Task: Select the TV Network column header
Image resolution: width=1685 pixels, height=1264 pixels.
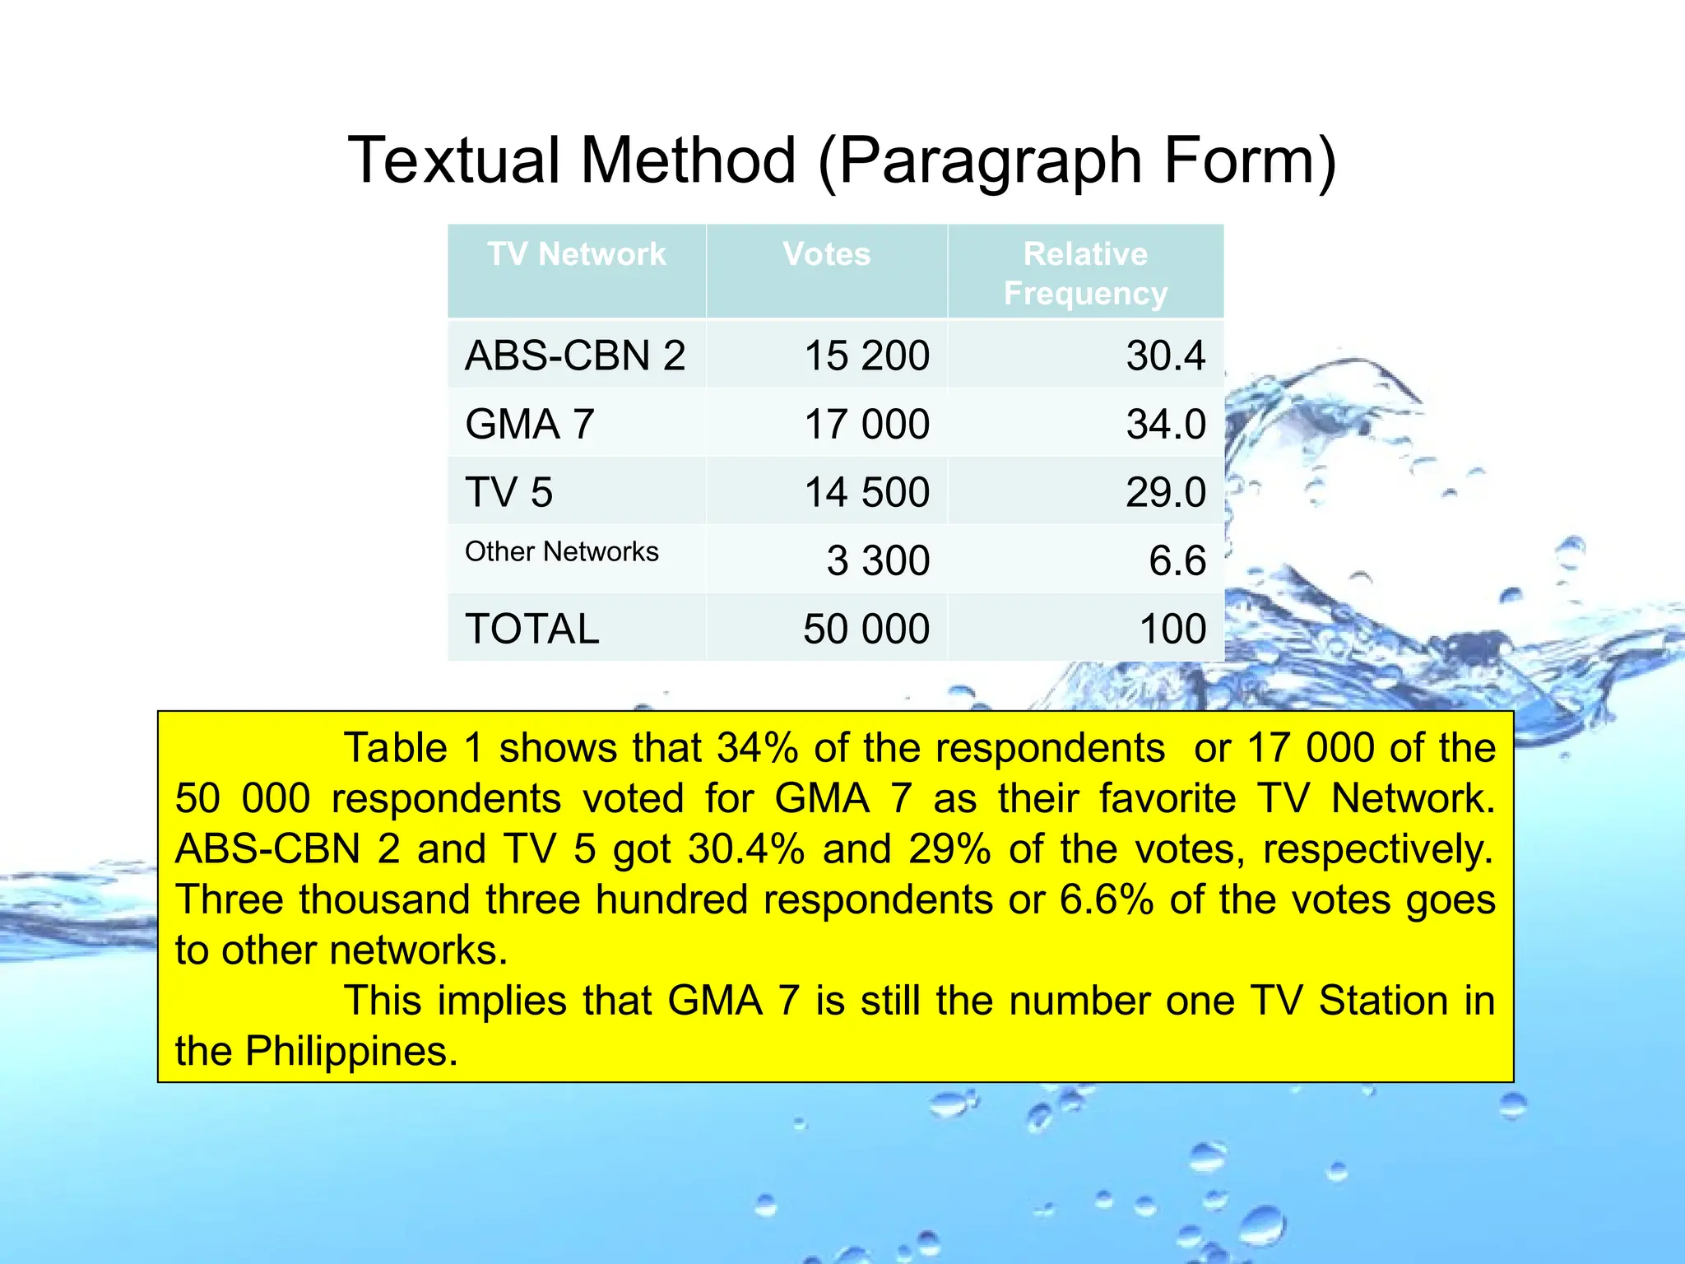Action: click(x=576, y=254)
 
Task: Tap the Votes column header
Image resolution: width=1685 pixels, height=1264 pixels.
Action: click(x=826, y=254)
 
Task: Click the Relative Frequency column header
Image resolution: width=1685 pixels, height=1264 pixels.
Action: click(x=1084, y=273)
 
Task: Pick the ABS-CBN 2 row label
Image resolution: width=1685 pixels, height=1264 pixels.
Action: click(x=574, y=355)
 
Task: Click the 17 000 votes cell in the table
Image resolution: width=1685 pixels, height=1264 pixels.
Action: click(x=866, y=425)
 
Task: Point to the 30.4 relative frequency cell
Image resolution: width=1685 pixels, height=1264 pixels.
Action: click(x=1165, y=355)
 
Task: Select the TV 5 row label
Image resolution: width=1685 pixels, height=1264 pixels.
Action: click(x=508, y=492)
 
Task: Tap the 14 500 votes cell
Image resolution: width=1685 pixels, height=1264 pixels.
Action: click(x=866, y=492)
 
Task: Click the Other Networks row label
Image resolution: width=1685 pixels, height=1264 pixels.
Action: click(x=561, y=551)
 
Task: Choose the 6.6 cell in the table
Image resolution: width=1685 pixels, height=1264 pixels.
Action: click(x=1177, y=560)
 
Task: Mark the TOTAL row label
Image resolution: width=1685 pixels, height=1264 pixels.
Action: click(x=531, y=629)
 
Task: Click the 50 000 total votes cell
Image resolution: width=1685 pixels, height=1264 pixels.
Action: click(x=866, y=629)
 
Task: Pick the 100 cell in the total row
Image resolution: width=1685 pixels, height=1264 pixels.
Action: click(x=1172, y=629)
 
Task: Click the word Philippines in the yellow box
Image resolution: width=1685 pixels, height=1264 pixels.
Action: click(x=350, y=1051)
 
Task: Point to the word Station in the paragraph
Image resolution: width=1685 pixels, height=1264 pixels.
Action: click(x=1382, y=1001)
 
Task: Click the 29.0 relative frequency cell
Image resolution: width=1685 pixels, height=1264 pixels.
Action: click(x=1165, y=492)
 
